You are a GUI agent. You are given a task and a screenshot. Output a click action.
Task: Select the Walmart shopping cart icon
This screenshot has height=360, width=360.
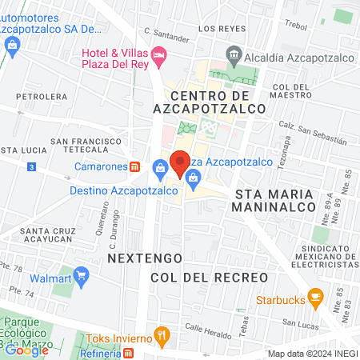(x=81, y=278)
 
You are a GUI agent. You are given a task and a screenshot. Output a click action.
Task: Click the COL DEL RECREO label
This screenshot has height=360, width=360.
(x=208, y=277)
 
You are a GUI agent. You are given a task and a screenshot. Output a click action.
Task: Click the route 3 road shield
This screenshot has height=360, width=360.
(x=30, y=166)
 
